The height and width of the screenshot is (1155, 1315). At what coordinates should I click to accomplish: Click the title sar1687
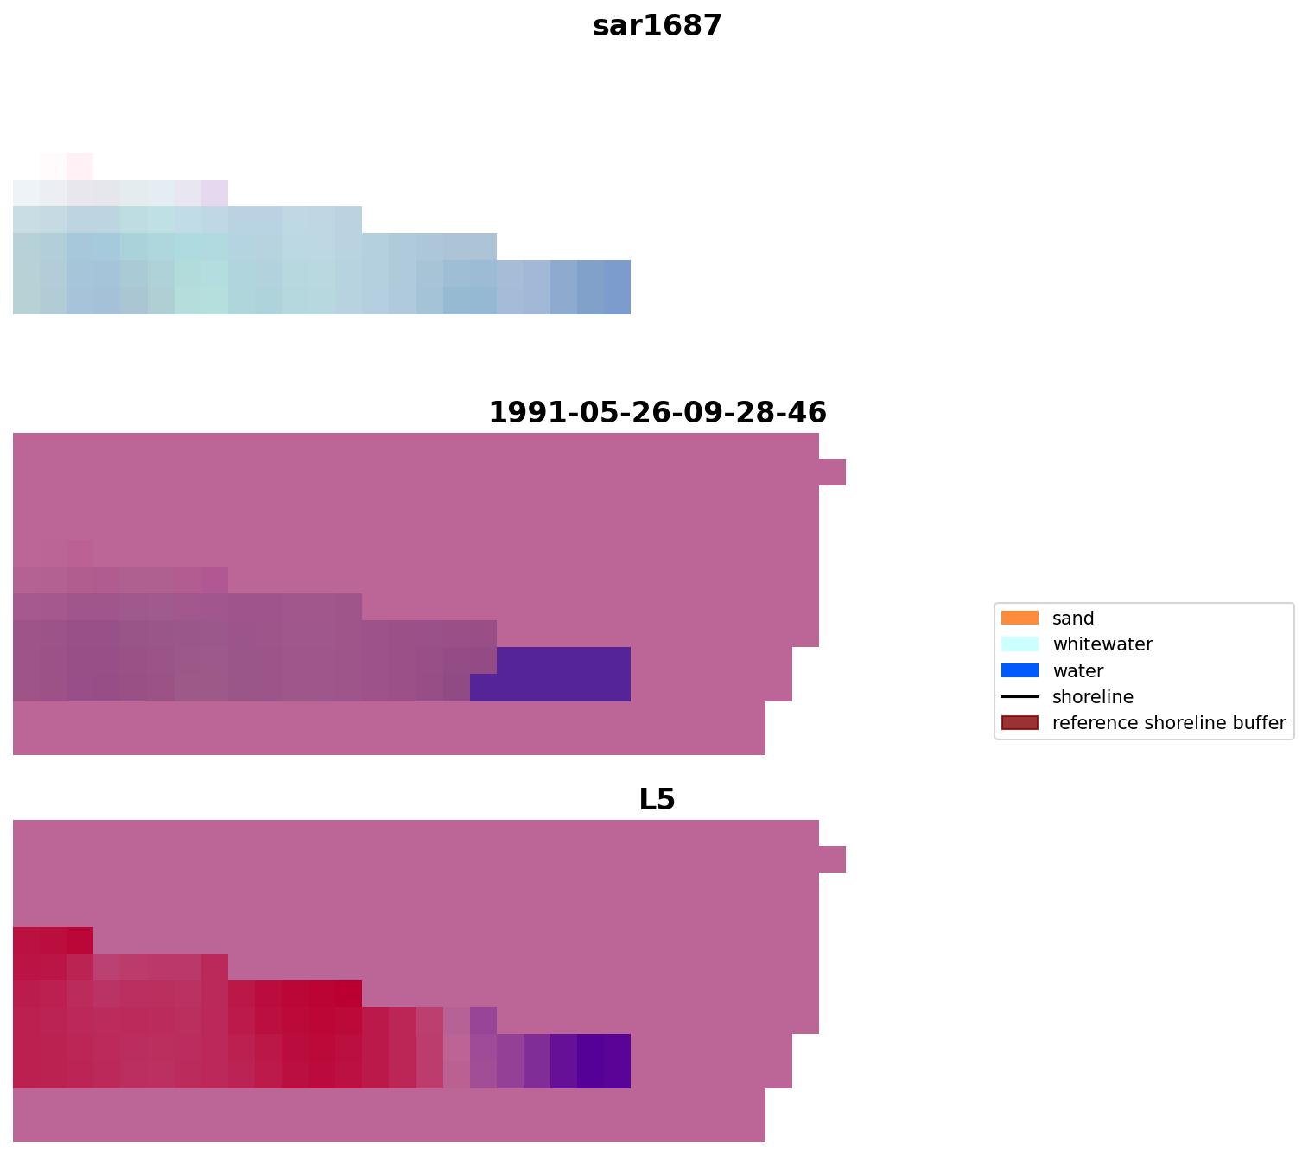657,26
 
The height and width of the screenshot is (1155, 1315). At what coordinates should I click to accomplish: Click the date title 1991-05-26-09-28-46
657,413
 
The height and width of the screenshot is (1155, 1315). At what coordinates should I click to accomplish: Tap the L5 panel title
657,800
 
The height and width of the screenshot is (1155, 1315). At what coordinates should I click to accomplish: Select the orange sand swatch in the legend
1020,619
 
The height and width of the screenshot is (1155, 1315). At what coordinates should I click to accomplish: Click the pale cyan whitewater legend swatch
1020,644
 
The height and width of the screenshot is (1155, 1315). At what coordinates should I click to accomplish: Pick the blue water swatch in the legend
1020,670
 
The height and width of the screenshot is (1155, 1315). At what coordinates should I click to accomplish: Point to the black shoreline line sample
1020,697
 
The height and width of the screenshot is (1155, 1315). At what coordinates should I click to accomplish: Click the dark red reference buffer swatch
1020,723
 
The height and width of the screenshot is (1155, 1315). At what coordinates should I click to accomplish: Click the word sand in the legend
1073,619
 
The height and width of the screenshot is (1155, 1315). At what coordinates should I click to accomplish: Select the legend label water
1077,671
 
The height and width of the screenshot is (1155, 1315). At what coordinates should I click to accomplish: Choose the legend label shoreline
1093,697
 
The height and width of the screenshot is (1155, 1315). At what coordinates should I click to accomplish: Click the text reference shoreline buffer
1169,723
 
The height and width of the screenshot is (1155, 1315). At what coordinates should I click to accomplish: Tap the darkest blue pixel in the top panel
617,287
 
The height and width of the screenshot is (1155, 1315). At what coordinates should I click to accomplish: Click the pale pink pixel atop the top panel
79,166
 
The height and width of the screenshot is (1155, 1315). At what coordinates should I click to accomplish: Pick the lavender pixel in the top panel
214,193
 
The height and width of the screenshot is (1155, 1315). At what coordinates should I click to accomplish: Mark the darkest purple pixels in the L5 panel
604,1061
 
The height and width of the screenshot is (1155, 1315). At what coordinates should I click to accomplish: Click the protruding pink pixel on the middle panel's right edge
832,473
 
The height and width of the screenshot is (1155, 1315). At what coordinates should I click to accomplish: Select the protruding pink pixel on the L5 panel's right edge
832,860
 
